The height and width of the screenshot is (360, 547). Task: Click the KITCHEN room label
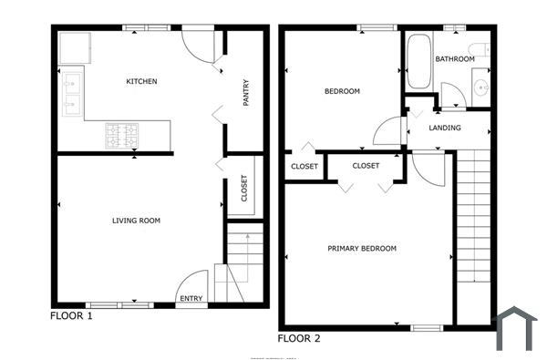point(141,82)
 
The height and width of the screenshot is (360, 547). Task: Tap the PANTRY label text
point(246,95)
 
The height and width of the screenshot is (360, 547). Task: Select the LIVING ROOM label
point(136,221)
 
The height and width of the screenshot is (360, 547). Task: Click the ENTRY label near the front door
point(191,299)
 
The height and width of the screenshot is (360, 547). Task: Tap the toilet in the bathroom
point(479,48)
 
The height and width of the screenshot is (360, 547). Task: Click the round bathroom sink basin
point(480,88)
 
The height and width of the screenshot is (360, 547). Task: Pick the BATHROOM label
point(454,59)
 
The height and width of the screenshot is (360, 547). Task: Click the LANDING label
point(444,129)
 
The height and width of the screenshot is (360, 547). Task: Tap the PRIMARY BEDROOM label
point(362,249)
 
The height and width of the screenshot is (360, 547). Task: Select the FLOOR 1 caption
point(71,316)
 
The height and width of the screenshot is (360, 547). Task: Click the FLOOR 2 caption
point(299,338)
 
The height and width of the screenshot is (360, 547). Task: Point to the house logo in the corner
point(515,329)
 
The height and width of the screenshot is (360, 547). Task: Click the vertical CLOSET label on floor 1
point(244,189)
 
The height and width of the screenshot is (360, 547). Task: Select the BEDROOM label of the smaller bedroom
point(342,91)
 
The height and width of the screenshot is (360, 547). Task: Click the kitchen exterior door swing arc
point(198,43)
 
